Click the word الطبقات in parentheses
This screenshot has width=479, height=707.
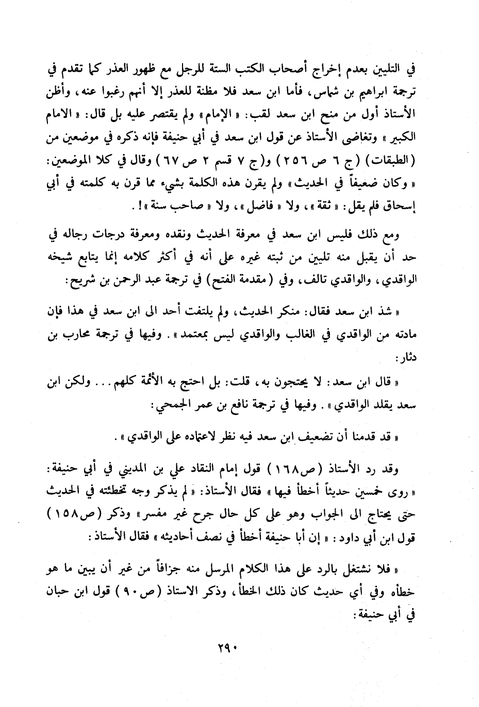click(x=395, y=158)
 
